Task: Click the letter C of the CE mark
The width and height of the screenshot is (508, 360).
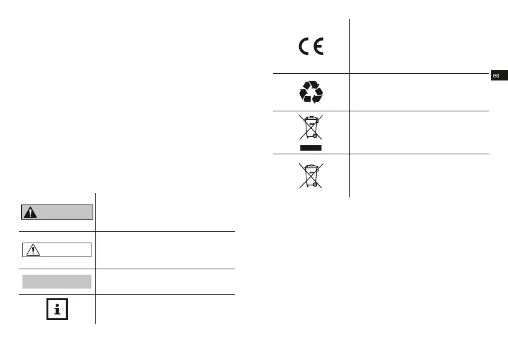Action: [x=304, y=47]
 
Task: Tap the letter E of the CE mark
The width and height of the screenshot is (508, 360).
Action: [x=317, y=47]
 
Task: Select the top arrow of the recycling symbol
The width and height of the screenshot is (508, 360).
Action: [x=311, y=87]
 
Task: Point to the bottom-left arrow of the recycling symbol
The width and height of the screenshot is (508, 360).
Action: [x=305, y=97]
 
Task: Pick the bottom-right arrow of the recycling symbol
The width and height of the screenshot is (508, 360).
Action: [x=318, y=97]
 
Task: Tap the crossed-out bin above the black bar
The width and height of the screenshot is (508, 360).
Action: [x=311, y=128]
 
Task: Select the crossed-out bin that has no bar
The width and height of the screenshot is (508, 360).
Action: [x=311, y=175]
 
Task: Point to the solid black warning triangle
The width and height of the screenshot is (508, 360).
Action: [x=30, y=212]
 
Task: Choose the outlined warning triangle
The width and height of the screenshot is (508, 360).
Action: [x=31, y=250]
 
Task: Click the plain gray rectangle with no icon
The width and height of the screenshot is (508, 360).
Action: [x=57, y=281]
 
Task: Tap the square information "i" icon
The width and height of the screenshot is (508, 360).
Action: [x=57, y=309]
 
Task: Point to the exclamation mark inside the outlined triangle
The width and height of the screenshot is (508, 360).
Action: [x=31, y=250]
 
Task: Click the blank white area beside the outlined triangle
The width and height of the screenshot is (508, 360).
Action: [x=64, y=250]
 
